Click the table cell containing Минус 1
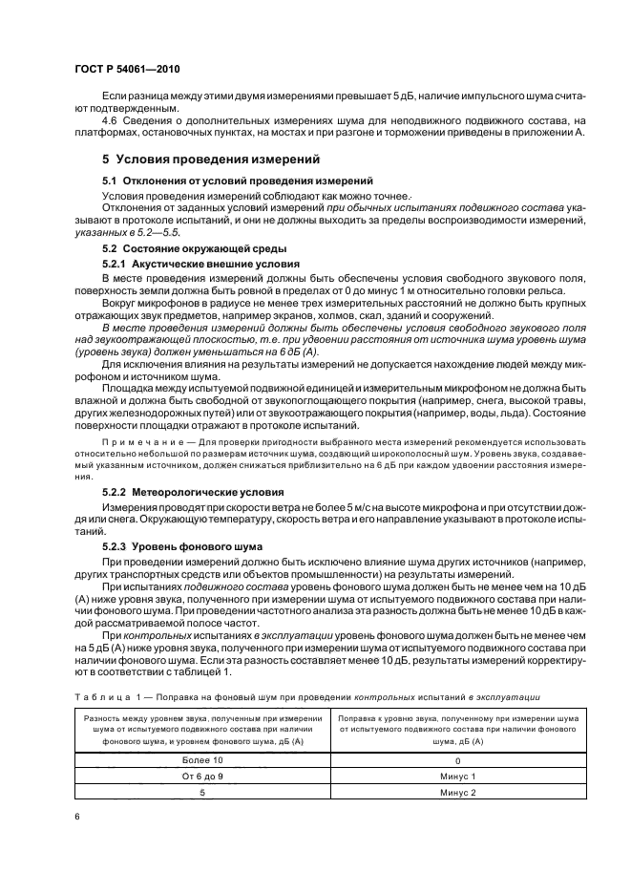coord(457,776)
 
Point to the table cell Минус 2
coord(457,792)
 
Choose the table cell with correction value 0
coord(457,759)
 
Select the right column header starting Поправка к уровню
coord(457,729)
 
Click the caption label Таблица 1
coord(106,696)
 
